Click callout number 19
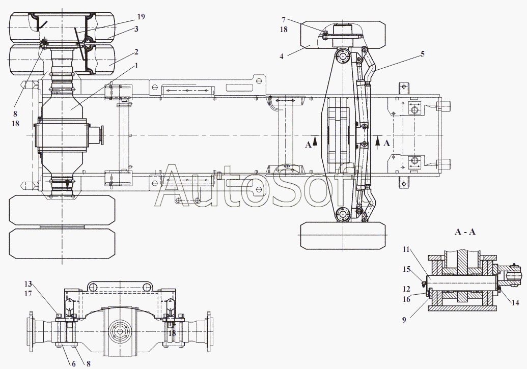click(141, 16)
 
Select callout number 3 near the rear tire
click(136, 29)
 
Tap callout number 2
click(136, 52)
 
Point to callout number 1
click(136, 66)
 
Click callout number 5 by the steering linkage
click(423, 54)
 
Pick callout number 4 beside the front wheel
click(282, 56)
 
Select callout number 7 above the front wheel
click(284, 19)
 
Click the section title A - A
click(465, 232)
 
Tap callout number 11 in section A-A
click(406, 249)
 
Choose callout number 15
click(406, 269)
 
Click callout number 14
click(515, 303)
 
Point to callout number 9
click(404, 320)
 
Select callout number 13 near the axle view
click(28, 284)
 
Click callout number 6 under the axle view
click(74, 363)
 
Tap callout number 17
click(28, 294)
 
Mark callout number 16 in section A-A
click(406, 299)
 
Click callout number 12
click(406, 289)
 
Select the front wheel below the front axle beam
click(343, 236)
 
